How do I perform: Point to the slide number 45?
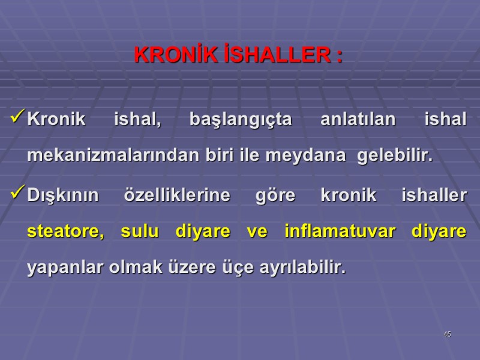(447, 334)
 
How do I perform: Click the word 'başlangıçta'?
(240, 120)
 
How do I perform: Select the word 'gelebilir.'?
(395, 156)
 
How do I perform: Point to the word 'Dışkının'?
(61, 196)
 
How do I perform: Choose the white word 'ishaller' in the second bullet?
(433, 195)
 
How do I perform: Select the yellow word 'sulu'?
(139, 232)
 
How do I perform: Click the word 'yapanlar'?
(65, 268)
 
